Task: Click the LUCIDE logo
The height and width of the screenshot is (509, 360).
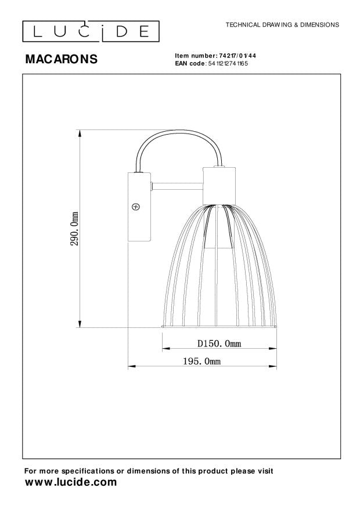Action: click(x=91, y=31)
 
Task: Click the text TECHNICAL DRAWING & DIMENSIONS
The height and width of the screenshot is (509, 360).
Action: click(x=282, y=26)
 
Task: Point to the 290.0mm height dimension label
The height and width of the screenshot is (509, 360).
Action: click(x=74, y=229)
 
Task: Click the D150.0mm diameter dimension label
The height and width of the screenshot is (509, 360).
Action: click(x=219, y=344)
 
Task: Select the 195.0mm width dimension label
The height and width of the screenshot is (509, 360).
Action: click(x=201, y=360)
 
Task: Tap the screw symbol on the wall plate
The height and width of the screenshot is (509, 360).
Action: click(x=136, y=206)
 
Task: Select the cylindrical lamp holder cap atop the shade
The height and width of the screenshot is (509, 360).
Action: click(x=220, y=185)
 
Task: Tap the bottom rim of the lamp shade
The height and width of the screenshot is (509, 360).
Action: click(x=220, y=327)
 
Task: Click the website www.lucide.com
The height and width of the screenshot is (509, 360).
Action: click(x=70, y=482)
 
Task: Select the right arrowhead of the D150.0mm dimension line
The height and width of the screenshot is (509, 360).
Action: click(x=275, y=349)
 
